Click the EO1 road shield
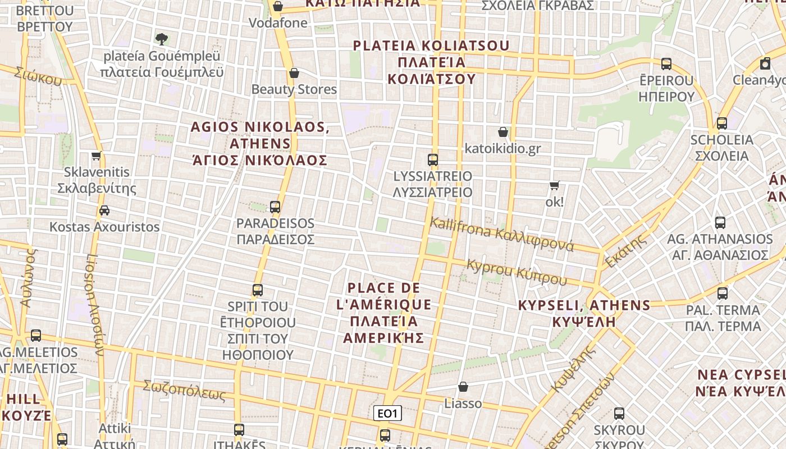coord(388,414)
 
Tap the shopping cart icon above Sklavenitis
coord(97,155)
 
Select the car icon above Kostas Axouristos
coord(104,210)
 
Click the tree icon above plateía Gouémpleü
coord(162,39)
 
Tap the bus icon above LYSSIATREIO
coord(432,159)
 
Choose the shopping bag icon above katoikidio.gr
coord(503,132)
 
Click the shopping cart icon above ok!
coord(555,185)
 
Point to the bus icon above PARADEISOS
coord(275,207)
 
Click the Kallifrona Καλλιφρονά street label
coord(501,234)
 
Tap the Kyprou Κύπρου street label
coord(517,272)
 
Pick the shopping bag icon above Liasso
coord(463,387)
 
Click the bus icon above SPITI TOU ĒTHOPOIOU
coord(257,290)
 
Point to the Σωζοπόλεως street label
coord(184,391)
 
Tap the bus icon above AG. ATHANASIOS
coord(720,223)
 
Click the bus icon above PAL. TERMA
coord(723,293)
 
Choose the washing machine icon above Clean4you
coord(765,63)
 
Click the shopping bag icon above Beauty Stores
coord(294,73)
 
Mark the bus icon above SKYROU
coord(619,414)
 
